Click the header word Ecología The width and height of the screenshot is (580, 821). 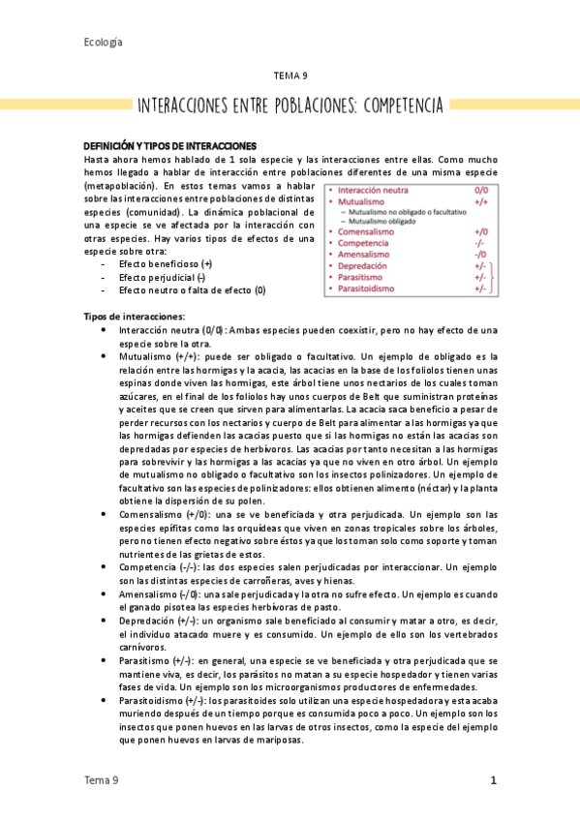[x=103, y=42]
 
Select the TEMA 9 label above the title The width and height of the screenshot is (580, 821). [x=291, y=75]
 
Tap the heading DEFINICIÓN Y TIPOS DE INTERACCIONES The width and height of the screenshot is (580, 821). [x=169, y=144]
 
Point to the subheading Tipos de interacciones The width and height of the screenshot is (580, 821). [x=135, y=317]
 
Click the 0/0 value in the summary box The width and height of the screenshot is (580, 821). [x=481, y=192]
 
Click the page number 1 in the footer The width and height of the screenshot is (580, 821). [x=493, y=780]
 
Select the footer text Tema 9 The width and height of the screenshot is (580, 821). [x=102, y=780]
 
